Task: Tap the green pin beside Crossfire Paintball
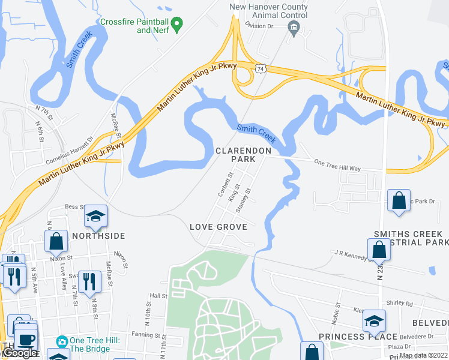click(176, 25)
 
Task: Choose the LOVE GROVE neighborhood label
click(218, 227)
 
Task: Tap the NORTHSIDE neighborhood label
click(98, 236)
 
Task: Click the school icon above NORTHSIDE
click(95, 216)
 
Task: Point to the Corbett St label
click(225, 185)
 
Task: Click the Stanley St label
click(243, 201)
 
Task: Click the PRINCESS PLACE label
click(350, 336)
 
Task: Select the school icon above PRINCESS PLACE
click(373, 321)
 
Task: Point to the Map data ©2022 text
click(423, 355)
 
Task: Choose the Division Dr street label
click(259, 26)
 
